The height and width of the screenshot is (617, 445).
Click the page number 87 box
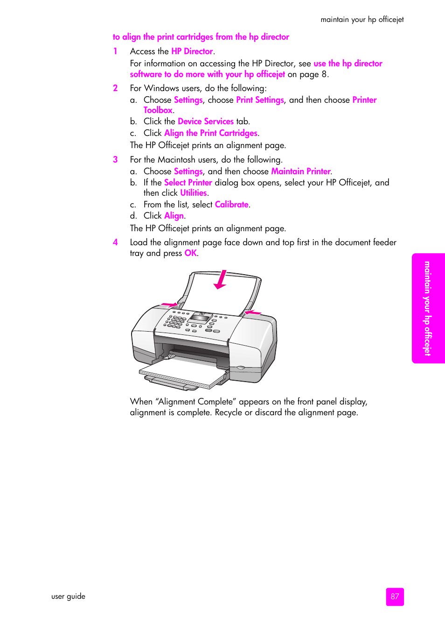point(395,596)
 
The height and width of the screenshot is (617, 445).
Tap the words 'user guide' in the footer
point(68,596)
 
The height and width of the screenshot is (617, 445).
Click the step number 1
point(115,51)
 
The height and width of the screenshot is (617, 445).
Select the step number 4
point(115,242)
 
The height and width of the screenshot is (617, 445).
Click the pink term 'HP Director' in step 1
point(192,51)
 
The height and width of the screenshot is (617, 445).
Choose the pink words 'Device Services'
point(205,121)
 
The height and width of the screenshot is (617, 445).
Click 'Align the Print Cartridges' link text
point(210,133)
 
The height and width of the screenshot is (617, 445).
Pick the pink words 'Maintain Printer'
point(300,171)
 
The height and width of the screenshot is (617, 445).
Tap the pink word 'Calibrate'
point(231,205)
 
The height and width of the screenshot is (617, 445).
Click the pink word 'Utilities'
point(193,193)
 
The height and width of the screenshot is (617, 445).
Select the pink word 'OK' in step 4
point(190,253)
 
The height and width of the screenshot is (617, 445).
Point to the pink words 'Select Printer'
point(188,183)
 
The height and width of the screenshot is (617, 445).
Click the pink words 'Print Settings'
point(260,100)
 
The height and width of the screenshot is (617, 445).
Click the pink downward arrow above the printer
point(221,279)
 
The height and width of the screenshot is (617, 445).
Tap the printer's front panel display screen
point(200,319)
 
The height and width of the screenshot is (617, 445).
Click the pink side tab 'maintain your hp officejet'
point(428,308)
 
